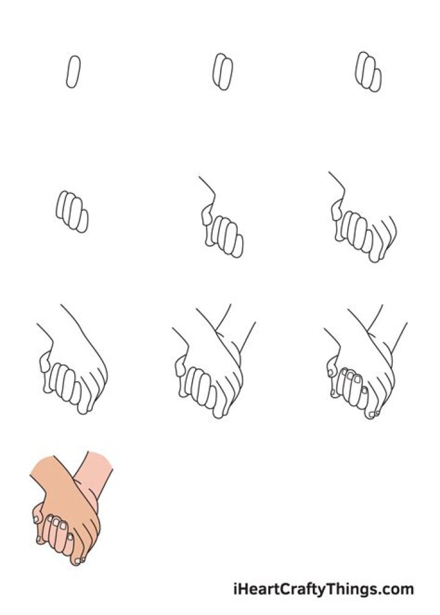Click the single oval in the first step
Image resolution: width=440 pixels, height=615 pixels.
(x=73, y=72)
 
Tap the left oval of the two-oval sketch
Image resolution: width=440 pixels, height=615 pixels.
(x=219, y=70)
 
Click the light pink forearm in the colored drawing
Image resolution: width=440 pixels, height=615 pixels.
(x=98, y=473)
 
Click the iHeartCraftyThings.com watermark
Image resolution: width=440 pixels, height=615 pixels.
(x=323, y=590)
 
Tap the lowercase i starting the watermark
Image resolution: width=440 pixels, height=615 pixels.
(x=236, y=590)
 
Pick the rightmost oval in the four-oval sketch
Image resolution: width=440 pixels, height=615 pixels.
(x=82, y=221)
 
